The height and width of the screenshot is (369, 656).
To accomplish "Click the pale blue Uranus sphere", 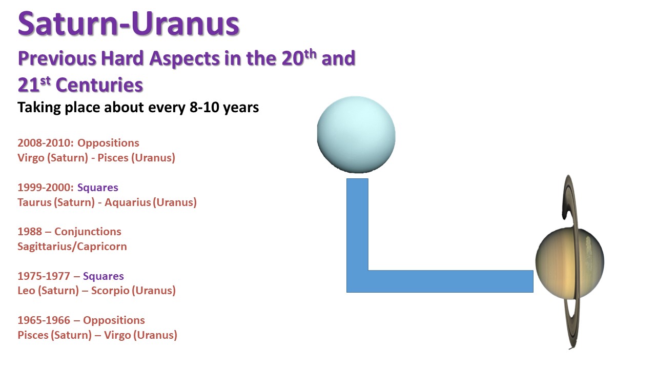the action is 356,135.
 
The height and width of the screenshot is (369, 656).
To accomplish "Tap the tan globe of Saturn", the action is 569,263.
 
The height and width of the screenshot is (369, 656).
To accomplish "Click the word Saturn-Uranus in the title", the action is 129,24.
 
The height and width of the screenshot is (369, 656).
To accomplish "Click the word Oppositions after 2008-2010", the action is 108,143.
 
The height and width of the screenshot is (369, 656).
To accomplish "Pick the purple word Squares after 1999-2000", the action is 98,188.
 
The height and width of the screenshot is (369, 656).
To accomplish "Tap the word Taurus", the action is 34,202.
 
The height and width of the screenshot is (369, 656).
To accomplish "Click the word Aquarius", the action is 128,202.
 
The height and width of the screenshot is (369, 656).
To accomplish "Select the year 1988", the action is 30,232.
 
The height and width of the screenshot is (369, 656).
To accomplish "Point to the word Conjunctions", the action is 88,232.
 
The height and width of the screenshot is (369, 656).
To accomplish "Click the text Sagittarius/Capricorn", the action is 72,247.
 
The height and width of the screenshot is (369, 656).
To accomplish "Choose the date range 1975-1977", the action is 44,276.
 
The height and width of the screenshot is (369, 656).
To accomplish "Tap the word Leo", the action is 26,291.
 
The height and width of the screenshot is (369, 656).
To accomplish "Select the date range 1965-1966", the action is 44,320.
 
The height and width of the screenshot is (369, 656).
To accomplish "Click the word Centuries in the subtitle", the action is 99,85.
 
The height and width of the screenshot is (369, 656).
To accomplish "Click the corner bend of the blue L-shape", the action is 357,281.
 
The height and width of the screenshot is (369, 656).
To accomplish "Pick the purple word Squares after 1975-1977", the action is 104,276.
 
